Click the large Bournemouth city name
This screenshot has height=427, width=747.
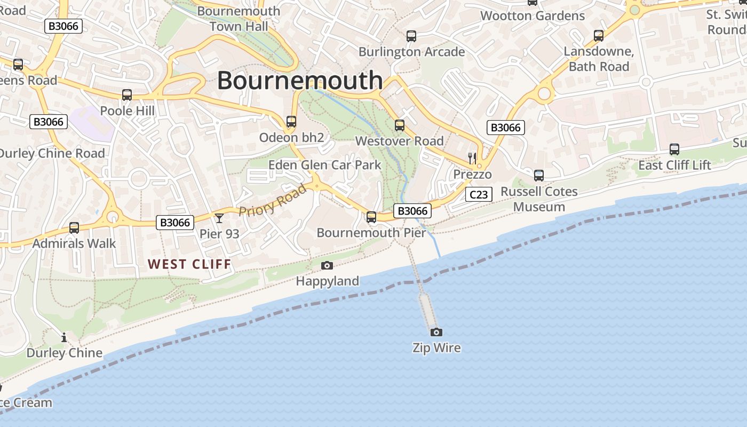(300, 81)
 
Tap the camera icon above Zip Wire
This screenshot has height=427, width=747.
(436, 332)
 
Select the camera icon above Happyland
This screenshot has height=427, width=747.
(327, 265)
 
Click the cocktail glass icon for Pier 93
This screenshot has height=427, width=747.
(219, 218)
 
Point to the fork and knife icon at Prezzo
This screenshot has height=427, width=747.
(472, 158)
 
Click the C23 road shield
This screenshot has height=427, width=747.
(478, 194)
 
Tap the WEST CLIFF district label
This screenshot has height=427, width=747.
(189, 264)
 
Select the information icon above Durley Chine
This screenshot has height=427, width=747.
(64, 337)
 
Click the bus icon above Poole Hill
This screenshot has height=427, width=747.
(127, 95)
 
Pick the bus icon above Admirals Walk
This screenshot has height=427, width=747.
(74, 228)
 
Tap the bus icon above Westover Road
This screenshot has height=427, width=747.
(400, 125)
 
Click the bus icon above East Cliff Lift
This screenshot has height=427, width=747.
(674, 149)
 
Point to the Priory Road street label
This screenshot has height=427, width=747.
(273, 200)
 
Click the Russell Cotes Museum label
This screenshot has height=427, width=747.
(539, 199)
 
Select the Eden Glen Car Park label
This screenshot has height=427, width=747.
(324, 164)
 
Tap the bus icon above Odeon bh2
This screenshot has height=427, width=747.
(291, 122)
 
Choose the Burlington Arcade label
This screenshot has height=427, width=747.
(411, 52)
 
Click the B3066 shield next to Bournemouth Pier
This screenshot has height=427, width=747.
(413, 211)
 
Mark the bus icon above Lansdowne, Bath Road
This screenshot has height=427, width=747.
(599, 36)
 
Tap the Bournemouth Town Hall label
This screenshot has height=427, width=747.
(239, 19)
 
